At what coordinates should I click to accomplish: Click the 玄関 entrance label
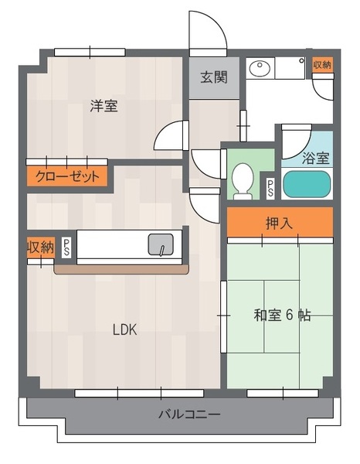(x=214, y=77)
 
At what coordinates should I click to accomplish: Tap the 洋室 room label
(x=104, y=106)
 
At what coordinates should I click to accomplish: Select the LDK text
(x=124, y=329)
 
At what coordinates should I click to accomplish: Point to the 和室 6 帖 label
(x=282, y=316)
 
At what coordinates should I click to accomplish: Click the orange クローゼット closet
(x=67, y=176)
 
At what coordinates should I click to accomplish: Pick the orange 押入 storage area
(x=280, y=222)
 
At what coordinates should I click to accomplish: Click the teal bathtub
(x=307, y=184)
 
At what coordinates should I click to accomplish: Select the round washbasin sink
(x=260, y=69)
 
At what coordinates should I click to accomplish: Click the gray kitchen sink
(x=161, y=244)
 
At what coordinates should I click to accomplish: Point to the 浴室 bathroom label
(x=316, y=158)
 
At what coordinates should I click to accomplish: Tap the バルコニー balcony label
(x=190, y=414)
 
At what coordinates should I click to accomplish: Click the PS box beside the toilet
(x=270, y=188)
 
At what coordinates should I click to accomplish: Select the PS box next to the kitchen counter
(x=66, y=247)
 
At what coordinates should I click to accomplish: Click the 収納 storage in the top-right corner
(x=322, y=64)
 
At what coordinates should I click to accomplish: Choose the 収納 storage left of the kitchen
(x=40, y=247)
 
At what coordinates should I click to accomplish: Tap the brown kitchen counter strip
(x=121, y=270)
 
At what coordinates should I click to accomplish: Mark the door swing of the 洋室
(x=164, y=130)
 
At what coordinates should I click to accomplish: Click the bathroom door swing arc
(x=303, y=148)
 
